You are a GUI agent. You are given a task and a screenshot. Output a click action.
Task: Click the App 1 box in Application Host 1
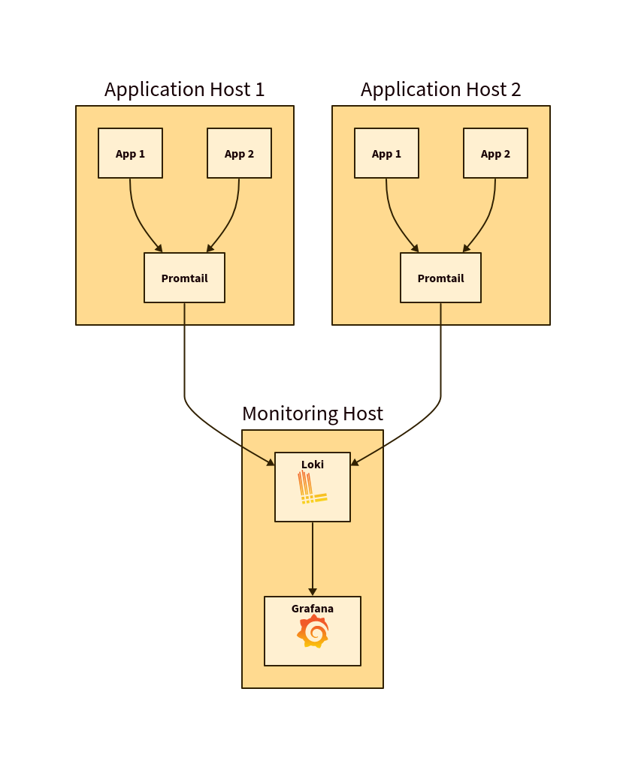pyautogui.click(x=130, y=153)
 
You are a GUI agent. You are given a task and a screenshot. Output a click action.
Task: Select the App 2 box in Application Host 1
pyautogui.click(x=239, y=153)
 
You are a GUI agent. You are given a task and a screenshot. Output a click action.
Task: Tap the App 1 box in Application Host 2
pyautogui.click(x=386, y=153)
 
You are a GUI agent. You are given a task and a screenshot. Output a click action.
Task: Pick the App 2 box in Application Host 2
pyautogui.click(x=495, y=153)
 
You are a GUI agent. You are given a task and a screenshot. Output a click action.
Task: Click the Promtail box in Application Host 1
pyautogui.click(x=184, y=278)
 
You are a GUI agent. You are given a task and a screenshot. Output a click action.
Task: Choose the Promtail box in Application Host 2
pyautogui.click(x=440, y=278)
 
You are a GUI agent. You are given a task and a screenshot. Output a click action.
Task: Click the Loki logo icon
pyautogui.click(x=311, y=488)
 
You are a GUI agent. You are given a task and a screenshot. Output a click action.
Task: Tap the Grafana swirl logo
pyautogui.click(x=313, y=632)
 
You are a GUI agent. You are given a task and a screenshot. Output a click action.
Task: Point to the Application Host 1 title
pyautogui.click(x=184, y=89)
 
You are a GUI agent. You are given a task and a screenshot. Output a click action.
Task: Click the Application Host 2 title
pyautogui.click(x=440, y=89)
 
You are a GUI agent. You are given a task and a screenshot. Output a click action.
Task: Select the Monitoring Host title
pyautogui.click(x=312, y=414)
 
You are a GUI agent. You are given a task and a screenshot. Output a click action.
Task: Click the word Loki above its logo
pyautogui.click(x=313, y=465)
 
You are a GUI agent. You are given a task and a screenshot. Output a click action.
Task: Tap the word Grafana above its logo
pyautogui.click(x=313, y=609)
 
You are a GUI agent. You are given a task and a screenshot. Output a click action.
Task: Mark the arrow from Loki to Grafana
pyautogui.click(x=313, y=559)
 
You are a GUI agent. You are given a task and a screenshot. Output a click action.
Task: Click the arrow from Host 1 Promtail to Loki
pyautogui.click(x=185, y=375)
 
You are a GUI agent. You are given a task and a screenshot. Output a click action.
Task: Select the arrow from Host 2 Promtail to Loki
pyautogui.click(x=440, y=375)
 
